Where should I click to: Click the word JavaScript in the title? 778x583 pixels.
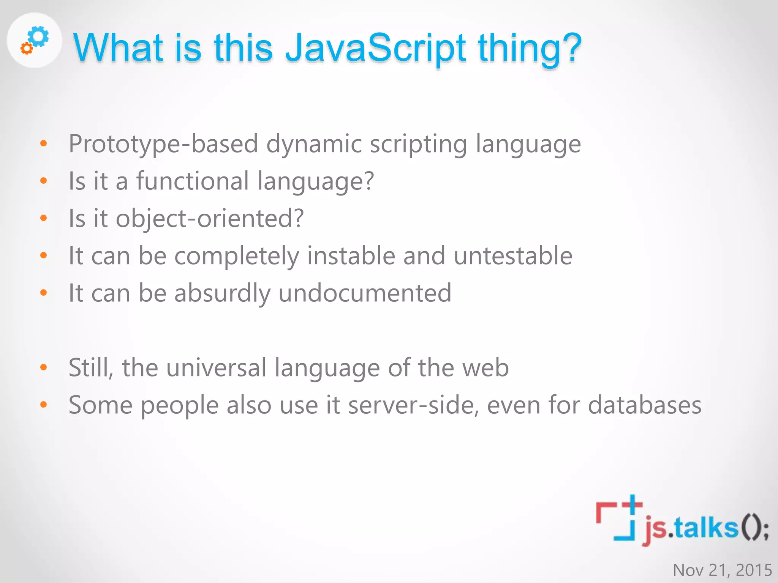[375, 48]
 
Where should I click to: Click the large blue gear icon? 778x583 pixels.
[39, 37]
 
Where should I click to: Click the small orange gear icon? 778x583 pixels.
[26, 48]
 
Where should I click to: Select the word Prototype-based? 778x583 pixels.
[163, 144]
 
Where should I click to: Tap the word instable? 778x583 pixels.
[351, 255]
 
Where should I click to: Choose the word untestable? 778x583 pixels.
[513, 255]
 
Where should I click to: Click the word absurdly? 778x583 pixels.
[222, 293]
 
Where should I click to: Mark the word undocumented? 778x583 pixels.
[365, 293]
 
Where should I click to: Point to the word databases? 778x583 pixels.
[644, 405]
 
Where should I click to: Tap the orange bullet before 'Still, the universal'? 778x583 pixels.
[44, 367]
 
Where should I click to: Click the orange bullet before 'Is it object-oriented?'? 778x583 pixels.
[44, 218]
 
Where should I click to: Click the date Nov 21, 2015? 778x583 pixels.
[722, 570]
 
